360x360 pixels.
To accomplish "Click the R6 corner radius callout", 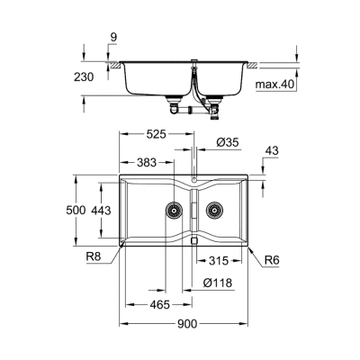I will (270, 261).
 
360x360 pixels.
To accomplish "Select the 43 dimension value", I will (270, 150).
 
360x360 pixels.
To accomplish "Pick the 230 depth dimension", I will (83, 77).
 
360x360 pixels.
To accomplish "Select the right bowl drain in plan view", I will (214, 212).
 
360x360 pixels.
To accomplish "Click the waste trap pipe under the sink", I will (184, 108).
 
